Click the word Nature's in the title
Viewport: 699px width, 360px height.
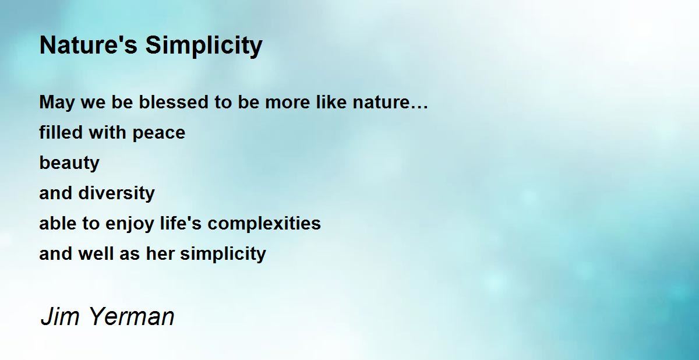coord(89,45)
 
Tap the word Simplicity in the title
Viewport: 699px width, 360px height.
coord(204,46)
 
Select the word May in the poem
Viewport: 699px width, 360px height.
coord(57,103)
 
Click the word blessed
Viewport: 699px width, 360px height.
coord(174,102)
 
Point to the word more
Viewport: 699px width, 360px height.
coord(287,103)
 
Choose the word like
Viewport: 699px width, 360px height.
coord(331,102)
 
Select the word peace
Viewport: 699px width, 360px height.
coord(159,133)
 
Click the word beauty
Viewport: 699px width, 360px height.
coord(69,163)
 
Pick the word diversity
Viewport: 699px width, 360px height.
coord(116,193)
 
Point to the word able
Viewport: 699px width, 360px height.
coord(58,223)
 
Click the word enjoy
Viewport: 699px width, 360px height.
coord(130,224)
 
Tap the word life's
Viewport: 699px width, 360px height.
coord(181,223)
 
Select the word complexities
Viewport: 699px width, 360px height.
coord(264,224)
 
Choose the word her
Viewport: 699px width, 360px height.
coord(160,253)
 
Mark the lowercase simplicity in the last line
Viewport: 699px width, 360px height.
coord(223,254)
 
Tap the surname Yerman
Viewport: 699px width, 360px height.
coord(132,316)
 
